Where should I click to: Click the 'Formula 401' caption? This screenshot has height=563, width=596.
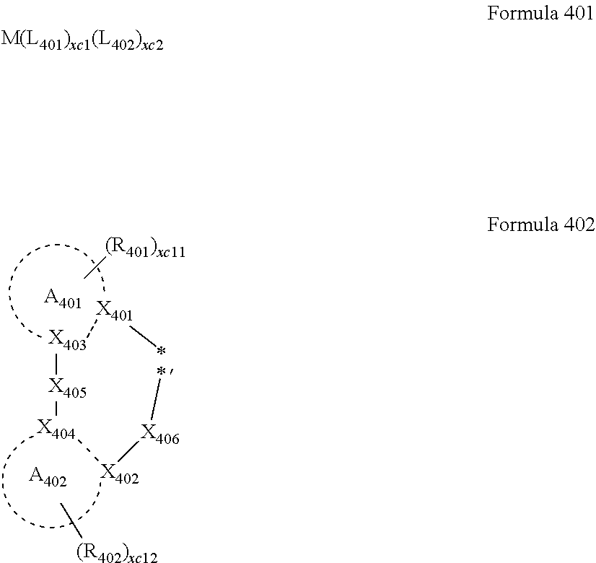pyautogui.click(x=540, y=14)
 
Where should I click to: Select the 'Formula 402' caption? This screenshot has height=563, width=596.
pyautogui.click(x=540, y=224)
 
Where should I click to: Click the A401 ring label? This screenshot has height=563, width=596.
pyautogui.click(x=62, y=297)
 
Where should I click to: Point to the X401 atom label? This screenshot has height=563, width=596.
pyautogui.click(x=114, y=310)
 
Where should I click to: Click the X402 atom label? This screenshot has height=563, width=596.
pyautogui.click(x=119, y=473)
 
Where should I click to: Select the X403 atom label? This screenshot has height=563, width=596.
pyautogui.click(x=67, y=339)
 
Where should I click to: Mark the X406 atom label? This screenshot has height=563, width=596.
pyautogui.click(x=159, y=434)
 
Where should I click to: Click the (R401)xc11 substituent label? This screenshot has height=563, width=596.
pyautogui.click(x=145, y=248)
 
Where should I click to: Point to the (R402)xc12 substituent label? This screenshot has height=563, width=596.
pyautogui.click(x=115, y=553)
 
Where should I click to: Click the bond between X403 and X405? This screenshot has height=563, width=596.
pyautogui.click(x=56, y=363)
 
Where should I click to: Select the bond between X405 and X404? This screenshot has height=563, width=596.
pyautogui.click(x=56, y=409)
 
